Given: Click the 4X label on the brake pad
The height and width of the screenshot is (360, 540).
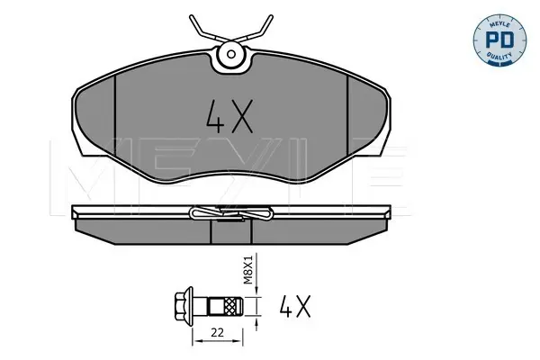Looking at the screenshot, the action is [x=229, y=116].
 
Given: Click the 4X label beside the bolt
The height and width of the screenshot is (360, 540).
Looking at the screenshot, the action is [x=295, y=306].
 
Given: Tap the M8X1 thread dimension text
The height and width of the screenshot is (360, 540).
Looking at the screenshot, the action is [x=248, y=270].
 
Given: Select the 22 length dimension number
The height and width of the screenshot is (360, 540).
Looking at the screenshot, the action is [x=217, y=333].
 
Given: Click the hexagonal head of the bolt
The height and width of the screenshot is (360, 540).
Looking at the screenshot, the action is [x=180, y=306].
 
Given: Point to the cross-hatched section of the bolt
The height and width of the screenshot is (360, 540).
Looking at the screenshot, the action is [x=230, y=306].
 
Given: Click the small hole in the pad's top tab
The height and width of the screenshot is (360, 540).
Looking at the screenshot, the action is [x=231, y=54].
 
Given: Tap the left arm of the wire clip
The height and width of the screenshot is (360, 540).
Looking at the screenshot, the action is [x=206, y=30].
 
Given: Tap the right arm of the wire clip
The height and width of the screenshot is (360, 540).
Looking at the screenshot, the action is [x=256, y=30].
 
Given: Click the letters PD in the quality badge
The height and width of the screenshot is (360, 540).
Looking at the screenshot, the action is [x=499, y=40].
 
